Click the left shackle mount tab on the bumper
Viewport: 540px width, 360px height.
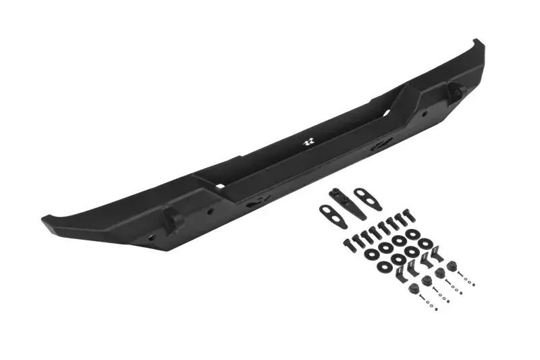pyautogui.click(x=169, y=220)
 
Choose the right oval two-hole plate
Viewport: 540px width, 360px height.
pyautogui.click(x=369, y=200)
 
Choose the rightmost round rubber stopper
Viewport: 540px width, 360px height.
pyautogui.click(x=452, y=265)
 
